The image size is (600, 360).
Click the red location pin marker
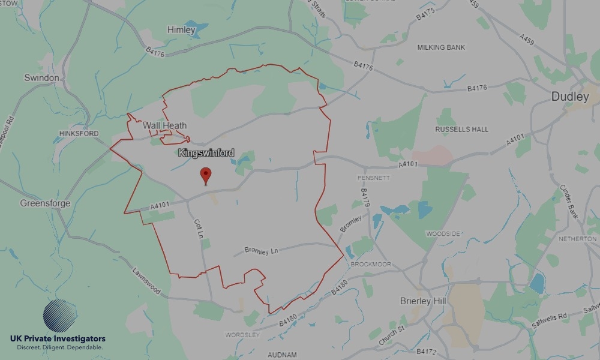(x=206, y=175)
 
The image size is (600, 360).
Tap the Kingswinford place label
(x=206, y=153)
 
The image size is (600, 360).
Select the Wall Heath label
(x=164, y=125)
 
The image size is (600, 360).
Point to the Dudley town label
(x=570, y=96)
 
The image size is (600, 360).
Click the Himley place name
(x=181, y=29)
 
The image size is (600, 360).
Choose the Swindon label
(x=42, y=78)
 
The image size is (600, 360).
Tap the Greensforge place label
(x=45, y=203)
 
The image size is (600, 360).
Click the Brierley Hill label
(x=424, y=301)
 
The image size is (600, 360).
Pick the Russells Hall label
(x=461, y=129)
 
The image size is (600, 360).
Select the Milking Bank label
(x=442, y=47)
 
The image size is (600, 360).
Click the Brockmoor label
(x=371, y=264)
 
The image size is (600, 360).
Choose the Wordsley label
(x=242, y=334)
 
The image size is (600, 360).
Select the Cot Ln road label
(x=199, y=229)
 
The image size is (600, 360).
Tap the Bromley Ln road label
(x=263, y=250)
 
